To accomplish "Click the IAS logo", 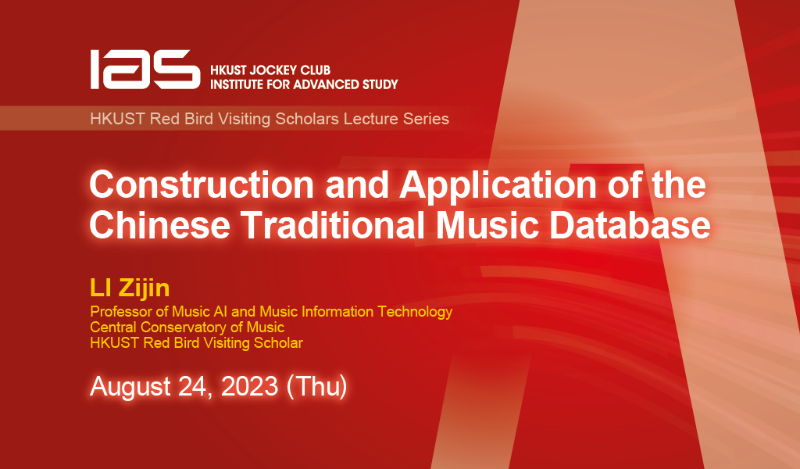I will [144, 69].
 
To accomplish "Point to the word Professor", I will [118, 312].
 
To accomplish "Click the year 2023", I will [249, 386].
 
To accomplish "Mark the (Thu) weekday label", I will [316, 386].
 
